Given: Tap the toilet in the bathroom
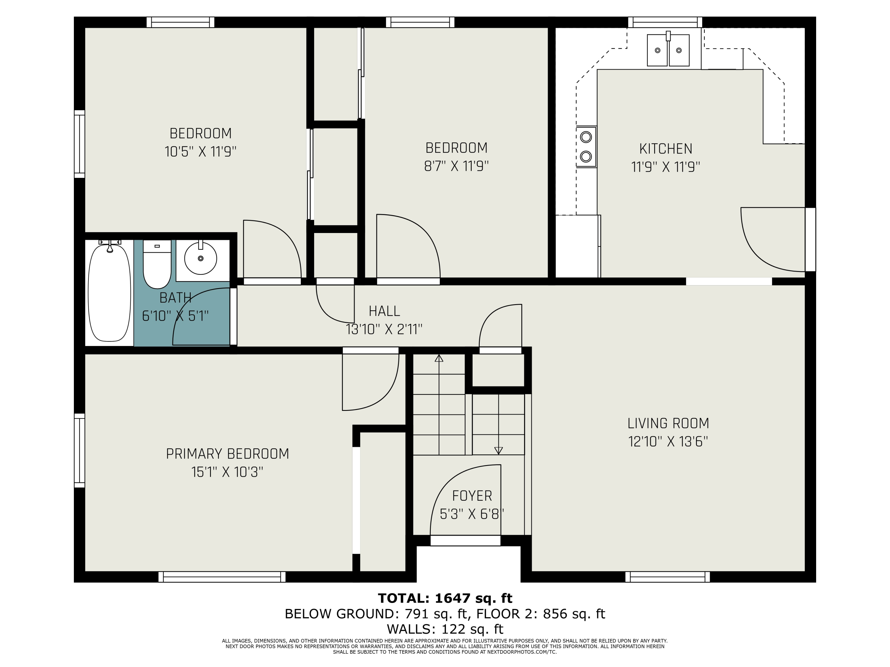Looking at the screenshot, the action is point(157,264).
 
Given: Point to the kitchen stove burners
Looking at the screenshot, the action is point(586,146).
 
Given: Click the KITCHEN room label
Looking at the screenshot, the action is point(666,149).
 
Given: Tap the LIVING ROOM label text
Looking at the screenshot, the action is point(668,423).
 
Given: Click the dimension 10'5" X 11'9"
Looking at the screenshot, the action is point(200,151).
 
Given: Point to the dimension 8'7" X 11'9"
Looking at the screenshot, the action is point(456,166).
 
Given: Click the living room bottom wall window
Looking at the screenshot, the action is point(667,577).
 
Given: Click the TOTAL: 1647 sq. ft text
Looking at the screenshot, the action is point(445,598).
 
